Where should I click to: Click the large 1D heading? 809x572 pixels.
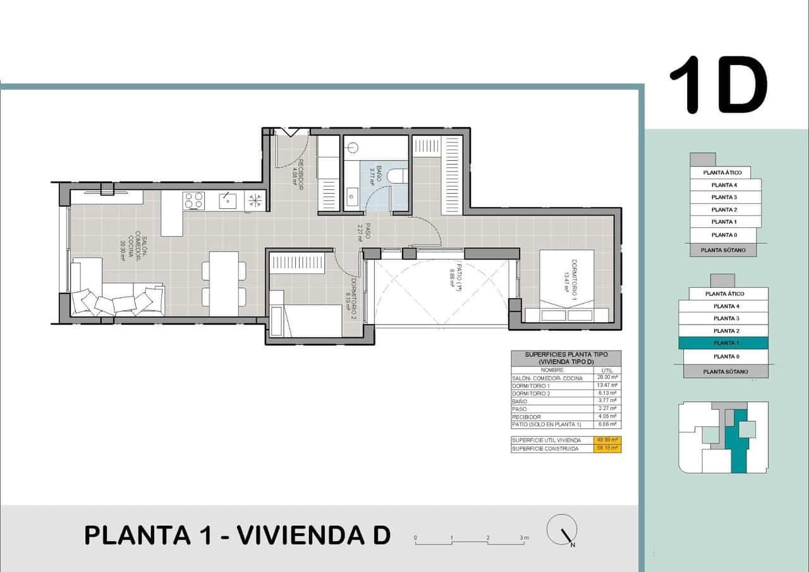[x=718, y=86]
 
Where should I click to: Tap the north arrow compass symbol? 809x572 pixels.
[x=562, y=531]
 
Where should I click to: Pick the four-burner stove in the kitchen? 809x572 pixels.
[x=194, y=201]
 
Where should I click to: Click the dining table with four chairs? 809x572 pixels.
[x=224, y=283]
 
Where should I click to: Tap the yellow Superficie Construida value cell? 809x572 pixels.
[x=607, y=448]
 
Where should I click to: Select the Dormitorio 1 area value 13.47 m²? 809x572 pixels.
[x=607, y=385]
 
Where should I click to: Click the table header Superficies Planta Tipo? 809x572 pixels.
[x=566, y=358]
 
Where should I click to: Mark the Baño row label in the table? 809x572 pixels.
[x=519, y=401]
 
